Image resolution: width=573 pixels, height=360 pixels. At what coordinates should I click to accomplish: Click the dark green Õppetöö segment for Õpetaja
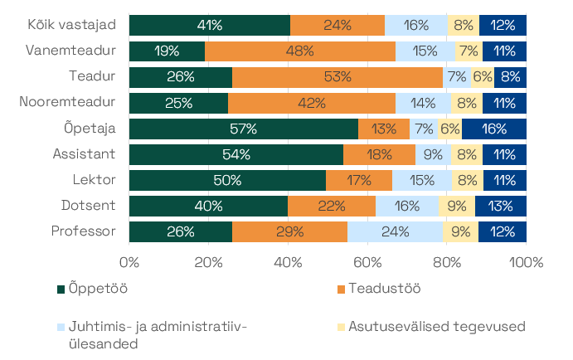click(x=244, y=129)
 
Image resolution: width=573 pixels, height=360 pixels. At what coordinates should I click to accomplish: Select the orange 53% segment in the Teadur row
click(x=337, y=77)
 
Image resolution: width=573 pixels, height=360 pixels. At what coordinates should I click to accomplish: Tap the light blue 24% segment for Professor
click(x=395, y=231)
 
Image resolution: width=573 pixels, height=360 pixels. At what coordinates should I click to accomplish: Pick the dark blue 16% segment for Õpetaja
click(x=494, y=129)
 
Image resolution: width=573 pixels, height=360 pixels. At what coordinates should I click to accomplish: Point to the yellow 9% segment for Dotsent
click(x=457, y=206)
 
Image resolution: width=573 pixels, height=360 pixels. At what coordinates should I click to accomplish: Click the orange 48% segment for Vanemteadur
click(x=300, y=51)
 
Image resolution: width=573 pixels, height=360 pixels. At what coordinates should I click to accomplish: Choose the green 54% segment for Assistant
click(x=236, y=154)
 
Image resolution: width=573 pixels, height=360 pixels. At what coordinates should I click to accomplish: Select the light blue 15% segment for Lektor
click(x=422, y=180)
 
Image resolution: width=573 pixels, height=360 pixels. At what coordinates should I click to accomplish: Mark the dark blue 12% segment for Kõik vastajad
click(x=503, y=26)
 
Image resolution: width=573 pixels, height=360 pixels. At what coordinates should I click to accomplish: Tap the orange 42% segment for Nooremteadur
click(x=312, y=103)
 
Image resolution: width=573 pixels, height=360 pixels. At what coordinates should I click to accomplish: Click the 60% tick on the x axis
click(x=367, y=263)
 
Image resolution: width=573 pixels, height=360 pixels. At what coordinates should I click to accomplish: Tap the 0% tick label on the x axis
click(x=129, y=263)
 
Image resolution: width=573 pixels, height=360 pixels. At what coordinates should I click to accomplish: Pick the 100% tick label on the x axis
click(x=526, y=263)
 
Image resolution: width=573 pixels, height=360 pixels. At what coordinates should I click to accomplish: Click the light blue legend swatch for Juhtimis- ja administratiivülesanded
click(x=61, y=327)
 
